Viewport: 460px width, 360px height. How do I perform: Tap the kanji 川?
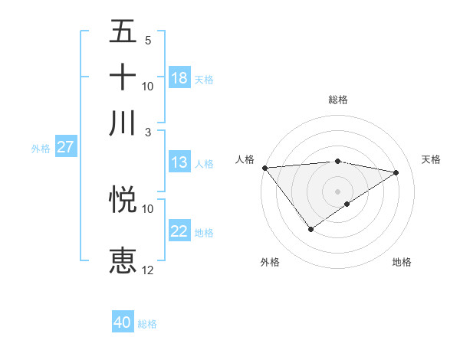click(123, 123)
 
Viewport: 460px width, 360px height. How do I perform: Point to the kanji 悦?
click(123, 200)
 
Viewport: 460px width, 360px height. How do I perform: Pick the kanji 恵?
click(123, 260)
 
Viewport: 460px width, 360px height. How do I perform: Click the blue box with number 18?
click(179, 78)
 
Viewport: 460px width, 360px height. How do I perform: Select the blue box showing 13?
click(179, 162)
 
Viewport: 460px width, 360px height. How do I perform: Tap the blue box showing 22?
click(179, 231)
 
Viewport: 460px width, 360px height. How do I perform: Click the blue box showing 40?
click(123, 322)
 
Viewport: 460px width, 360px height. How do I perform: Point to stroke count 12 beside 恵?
click(147, 270)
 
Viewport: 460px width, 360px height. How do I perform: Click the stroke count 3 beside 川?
click(148, 132)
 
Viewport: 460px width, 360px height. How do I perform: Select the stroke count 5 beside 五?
click(148, 40)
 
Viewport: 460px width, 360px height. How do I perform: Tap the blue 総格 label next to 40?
click(147, 324)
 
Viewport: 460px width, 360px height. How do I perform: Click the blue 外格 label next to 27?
click(40, 149)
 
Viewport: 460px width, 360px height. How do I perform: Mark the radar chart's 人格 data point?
click(264, 168)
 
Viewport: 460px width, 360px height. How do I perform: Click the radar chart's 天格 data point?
click(396, 172)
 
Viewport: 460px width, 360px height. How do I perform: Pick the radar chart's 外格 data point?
click(310, 229)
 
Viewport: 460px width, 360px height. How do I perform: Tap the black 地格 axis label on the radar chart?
click(402, 262)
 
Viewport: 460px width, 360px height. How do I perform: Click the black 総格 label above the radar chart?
click(337, 100)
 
